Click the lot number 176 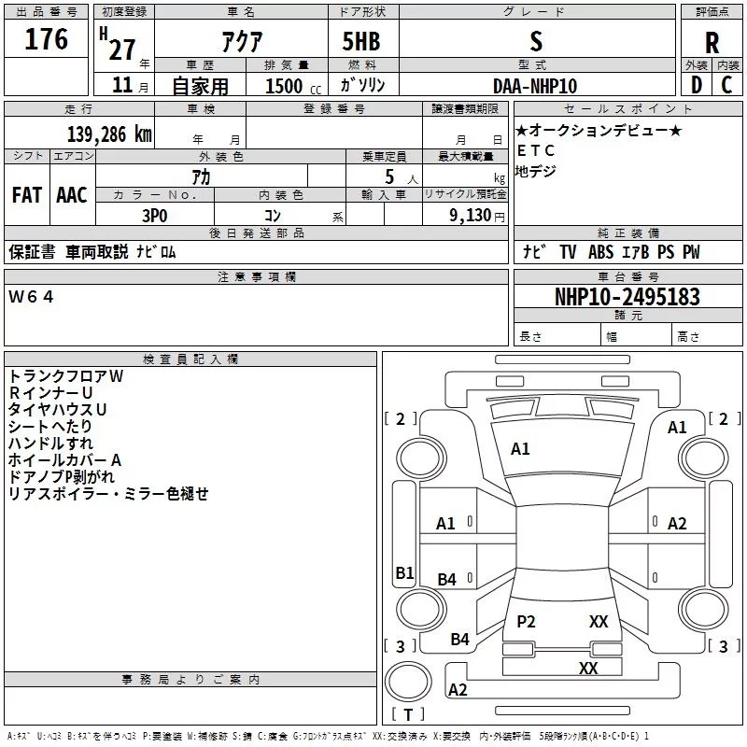point(46,39)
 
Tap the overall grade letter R point(712,43)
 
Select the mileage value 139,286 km point(109,134)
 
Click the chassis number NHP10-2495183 point(627,297)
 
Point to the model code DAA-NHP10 point(535,86)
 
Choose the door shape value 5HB point(361,41)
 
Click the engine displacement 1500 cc point(293,87)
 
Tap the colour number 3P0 point(155,216)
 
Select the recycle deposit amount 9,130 point(471,216)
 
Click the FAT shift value point(27,195)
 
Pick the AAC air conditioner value point(72,195)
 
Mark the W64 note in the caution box point(31,297)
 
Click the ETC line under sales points point(535,150)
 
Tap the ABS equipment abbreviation point(600,252)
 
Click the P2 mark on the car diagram point(526,621)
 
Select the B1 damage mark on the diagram point(404,572)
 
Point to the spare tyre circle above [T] point(408,682)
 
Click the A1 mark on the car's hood point(520,449)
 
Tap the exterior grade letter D point(696,85)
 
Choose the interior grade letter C point(726,85)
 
